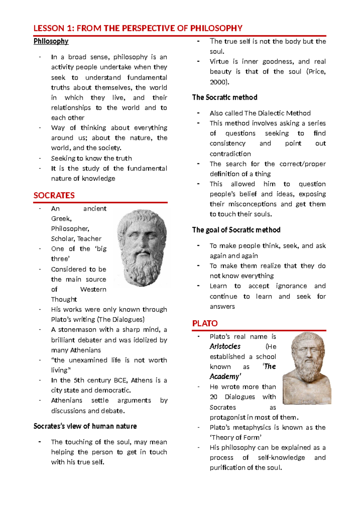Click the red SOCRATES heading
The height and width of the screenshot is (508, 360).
point(54,196)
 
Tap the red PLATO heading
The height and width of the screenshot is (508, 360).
point(205,324)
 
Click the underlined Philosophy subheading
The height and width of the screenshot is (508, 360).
point(51,41)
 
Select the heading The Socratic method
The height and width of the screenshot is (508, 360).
point(225,97)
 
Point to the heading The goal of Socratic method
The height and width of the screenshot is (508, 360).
point(236,230)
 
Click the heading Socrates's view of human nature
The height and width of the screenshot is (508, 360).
point(85,426)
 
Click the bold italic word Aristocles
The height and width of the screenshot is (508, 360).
point(225,347)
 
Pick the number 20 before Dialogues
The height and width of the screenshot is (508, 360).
point(214,397)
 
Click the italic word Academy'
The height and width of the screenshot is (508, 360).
point(225,377)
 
